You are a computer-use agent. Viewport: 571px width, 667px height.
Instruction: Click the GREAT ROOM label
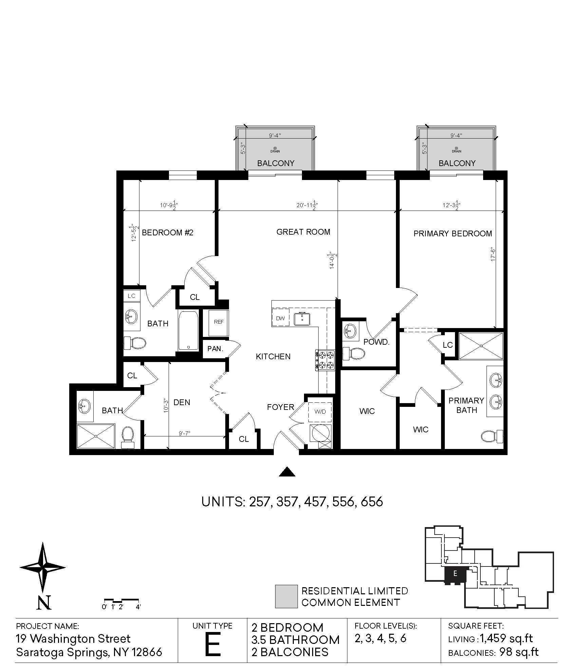pyautogui.click(x=303, y=232)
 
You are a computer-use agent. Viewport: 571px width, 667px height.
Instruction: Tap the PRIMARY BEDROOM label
pyautogui.click(x=453, y=234)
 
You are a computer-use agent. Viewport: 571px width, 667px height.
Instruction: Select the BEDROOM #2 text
pyautogui.click(x=167, y=233)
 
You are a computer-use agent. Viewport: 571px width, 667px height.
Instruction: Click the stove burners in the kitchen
pyautogui.click(x=325, y=360)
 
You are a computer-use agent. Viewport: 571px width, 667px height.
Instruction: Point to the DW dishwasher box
pyautogui.click(x=280, y=318)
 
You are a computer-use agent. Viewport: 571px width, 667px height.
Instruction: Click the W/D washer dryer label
pyautogui.click(x=320, y=412)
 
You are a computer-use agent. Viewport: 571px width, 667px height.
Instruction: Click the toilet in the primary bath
pyautogui.click(x=492, y=436)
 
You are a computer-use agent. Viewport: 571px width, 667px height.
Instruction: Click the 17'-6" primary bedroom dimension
pyautogui.click(x=493, y=254)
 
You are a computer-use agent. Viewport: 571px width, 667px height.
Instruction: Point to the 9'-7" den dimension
pyautogui.click(x=185, y=433)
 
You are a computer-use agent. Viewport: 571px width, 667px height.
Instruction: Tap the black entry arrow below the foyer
pyautogui.click(x=287, y=472)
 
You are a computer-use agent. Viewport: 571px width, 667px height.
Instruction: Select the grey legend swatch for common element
pyautogui.click(x=286, y=597)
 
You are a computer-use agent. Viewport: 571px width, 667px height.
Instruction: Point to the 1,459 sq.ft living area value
pyautogui.click(x=506, y=638)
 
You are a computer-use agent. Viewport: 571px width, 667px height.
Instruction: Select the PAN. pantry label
pyautogui.click(x=215, y=348)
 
